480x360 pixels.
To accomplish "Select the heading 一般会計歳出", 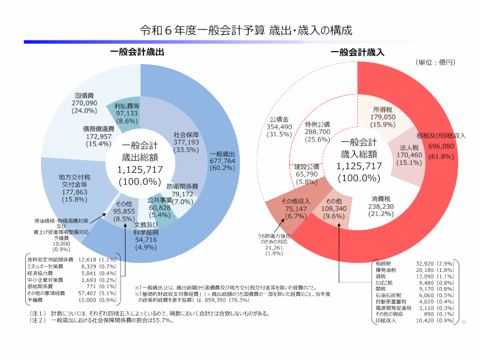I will pos(137,52).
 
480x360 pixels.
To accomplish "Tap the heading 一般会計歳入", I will pos(357,52).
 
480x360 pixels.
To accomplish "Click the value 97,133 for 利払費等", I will pos(131,113).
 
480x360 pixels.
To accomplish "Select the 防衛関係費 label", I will pos(183,186).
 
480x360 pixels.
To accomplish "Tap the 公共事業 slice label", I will pos(160,200).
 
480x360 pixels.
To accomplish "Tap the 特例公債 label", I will pos(317,124).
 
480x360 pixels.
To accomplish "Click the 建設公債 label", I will pos(306,167).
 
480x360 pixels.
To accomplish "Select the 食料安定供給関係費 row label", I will pos(50,260).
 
